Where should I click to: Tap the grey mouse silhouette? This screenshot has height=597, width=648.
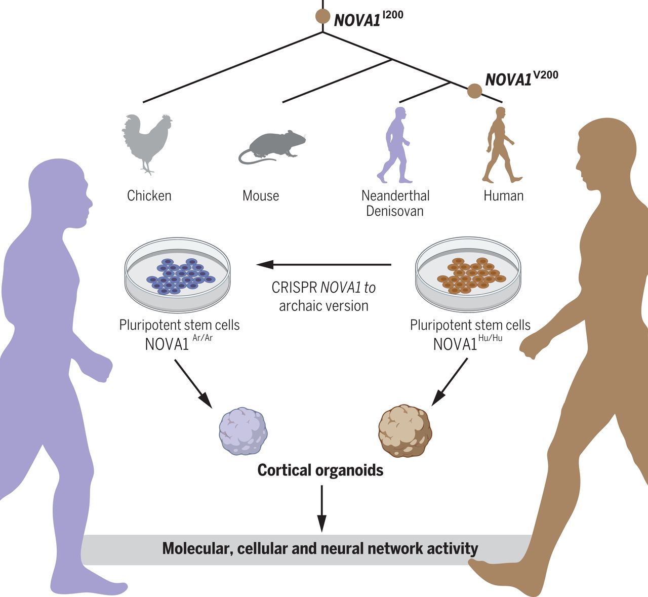(272, 146)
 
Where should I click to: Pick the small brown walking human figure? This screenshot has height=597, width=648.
(500, 145)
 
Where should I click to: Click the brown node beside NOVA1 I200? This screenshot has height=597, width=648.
(323, 16)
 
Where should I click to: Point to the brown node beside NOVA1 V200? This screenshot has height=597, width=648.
(474, 91)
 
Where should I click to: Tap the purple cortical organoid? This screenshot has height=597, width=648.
(243, 431)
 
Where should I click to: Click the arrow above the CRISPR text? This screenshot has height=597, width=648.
(324, 264)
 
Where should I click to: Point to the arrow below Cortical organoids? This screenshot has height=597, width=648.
(321, 509)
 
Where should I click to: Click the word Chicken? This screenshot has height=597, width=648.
(149, 195)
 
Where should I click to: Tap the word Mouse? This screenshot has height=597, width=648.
(261, 195)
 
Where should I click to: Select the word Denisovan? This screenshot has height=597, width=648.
(395, 211)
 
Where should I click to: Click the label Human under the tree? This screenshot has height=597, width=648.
(503, 195)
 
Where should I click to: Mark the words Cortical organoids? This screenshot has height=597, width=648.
(320, 470)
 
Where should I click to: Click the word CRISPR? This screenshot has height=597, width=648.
(294, 288)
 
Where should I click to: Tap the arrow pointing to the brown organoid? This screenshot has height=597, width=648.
(449, 382)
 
